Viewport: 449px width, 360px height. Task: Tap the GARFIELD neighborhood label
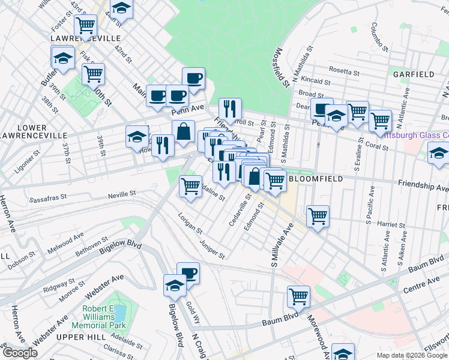click(x=414, y=74)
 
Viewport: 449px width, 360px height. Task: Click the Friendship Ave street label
click(x=423, y=187)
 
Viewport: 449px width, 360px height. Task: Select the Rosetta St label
click(x=344, y=71)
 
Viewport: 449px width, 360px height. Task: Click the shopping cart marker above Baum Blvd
click(x=298, y=296)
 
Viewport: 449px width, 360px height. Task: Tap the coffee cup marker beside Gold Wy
click(x=188, y=273)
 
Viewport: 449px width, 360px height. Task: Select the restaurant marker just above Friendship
click(x=230, y=109)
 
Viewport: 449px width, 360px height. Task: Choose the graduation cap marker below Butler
click(x=62, y=58)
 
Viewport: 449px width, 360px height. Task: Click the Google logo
click(x=20, y=353)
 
